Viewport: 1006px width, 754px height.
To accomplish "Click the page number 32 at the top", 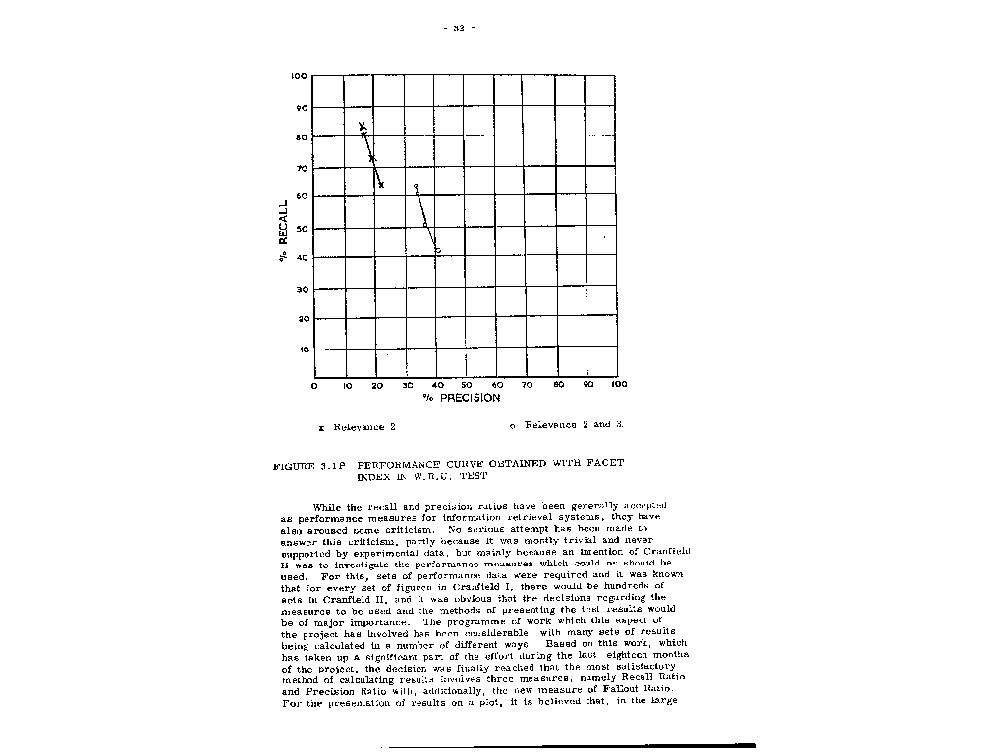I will click(459, 28).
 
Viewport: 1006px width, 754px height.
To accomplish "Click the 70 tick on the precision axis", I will click(528, 385).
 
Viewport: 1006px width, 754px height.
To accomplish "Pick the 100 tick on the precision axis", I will click(618, 385).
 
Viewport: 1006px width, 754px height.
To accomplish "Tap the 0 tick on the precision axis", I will click(314, 385).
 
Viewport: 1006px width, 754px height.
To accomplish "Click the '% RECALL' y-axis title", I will click(284, 232).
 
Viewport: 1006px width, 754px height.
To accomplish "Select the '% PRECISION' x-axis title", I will click(462, 398).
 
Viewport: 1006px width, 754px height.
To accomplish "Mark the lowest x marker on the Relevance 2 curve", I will click(381, 186).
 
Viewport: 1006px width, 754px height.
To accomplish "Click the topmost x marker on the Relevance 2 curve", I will click(362, 126).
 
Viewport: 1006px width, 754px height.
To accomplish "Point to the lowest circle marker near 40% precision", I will click(437, 251).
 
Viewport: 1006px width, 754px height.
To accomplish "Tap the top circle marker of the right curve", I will click(416, 186).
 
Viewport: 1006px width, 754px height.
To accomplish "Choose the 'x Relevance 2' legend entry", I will click(358, 427).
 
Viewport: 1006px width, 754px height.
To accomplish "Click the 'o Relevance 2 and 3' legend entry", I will click(567, 425).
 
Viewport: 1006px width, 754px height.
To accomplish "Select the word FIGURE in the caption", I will click(294, 464).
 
